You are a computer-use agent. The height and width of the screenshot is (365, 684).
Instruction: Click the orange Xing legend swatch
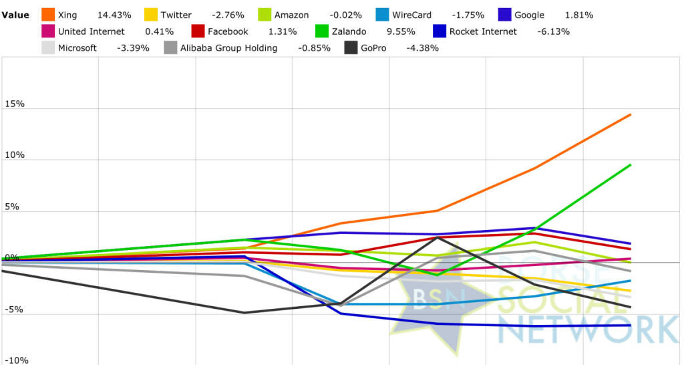tap(48, 15)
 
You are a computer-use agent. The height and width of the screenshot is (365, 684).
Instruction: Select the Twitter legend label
tap(176, 15)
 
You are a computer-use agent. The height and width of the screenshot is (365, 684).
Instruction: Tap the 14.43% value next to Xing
tap(114, 15)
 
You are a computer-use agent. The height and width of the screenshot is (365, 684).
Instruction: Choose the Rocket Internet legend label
tap(483, 31)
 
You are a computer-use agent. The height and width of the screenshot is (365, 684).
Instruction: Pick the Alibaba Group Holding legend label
tap(228, 47)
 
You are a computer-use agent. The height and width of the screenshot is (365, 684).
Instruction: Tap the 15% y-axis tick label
tap(15, 104)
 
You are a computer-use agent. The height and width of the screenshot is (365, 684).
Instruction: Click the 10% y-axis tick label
tap(15, 155)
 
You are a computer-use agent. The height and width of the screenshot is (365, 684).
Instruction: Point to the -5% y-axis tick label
tap(15, 310)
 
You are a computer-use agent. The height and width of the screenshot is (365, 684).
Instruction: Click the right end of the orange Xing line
tap(631, 114)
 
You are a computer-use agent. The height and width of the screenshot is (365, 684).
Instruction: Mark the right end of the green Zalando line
tap(631, 164)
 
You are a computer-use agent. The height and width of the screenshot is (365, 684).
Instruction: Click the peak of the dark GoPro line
tap(438, 237)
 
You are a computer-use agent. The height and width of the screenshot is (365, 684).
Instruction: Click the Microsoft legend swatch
tap(47, 47)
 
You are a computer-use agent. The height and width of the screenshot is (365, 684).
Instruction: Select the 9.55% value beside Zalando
tap(378, 31)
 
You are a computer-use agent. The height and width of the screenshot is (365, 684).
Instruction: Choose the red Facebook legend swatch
tap(198, 31)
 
